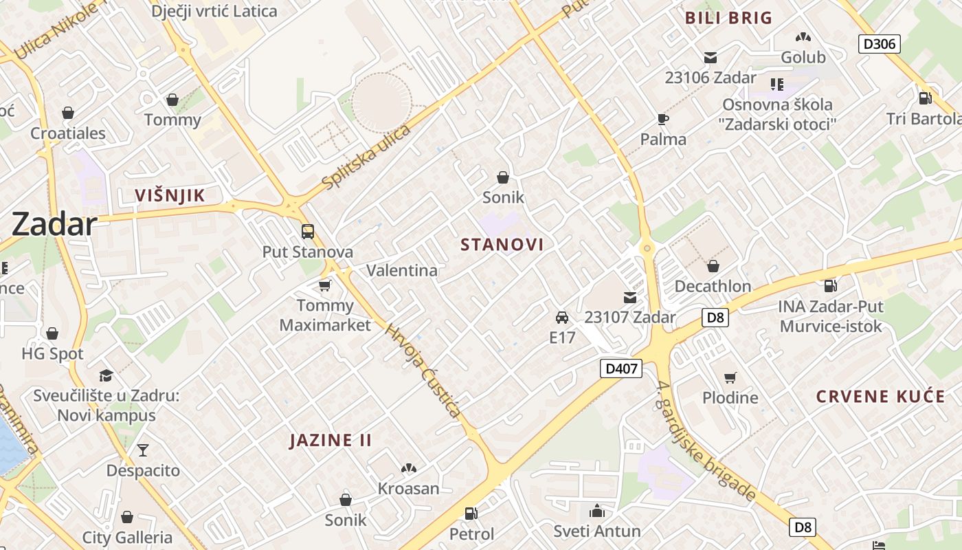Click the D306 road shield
click(x=879, y=44)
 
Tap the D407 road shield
click(x=621, y=368)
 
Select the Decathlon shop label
click(x=712, y=285)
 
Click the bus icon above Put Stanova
click(x=307, y=232)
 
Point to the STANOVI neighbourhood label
click(x=502, y=245)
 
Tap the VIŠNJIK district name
click(x=170, y=195)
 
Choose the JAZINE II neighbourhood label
click(x=331, y=440)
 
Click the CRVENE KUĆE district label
click(x=880, y=396)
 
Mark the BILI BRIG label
click(x=728, y=18)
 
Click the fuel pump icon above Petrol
click(x=471, y=513)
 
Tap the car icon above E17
click(x=562, y=318)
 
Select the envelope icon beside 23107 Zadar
click(x=629, y=298)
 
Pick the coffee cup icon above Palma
click(x=662, y=119)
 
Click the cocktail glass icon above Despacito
click(x=142, y=450)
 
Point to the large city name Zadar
click(x=54, y=224)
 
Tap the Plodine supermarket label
click(x=730, y=397)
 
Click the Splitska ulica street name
click(x=366, y=157)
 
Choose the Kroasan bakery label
click(x=408, y=488)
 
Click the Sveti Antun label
click(x=597, y=531)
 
